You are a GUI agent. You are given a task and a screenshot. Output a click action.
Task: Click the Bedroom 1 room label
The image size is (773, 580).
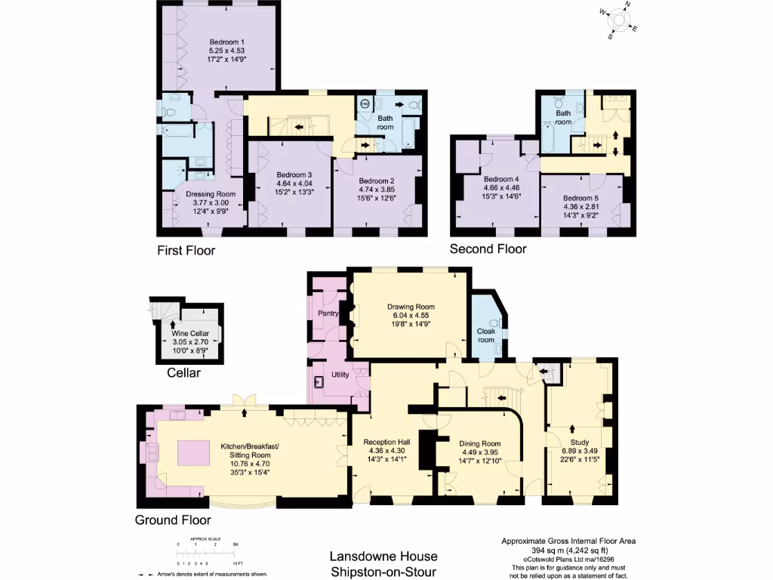coord(226,42)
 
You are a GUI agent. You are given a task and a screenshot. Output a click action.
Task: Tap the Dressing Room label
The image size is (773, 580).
coord(211,194)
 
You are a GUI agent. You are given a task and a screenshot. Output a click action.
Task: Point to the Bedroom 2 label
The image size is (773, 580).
coord(377,181)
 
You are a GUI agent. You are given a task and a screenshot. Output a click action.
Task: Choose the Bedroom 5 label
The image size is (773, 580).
coord(581,198)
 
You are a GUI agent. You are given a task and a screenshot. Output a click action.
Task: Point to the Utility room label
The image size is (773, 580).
coord(340,375)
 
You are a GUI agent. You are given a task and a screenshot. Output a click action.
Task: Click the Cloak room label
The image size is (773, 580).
coord(485,335)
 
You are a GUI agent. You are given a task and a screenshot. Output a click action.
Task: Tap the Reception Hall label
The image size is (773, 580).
coord(386,443)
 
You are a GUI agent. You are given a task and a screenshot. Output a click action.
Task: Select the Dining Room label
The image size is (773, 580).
coord(480,443)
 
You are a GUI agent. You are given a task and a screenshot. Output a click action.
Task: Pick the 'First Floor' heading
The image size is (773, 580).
coord(186,250)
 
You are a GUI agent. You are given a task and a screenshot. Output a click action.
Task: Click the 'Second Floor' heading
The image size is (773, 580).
coord(488,248)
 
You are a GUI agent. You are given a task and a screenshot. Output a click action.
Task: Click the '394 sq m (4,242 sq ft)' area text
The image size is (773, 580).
coord(568,550)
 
